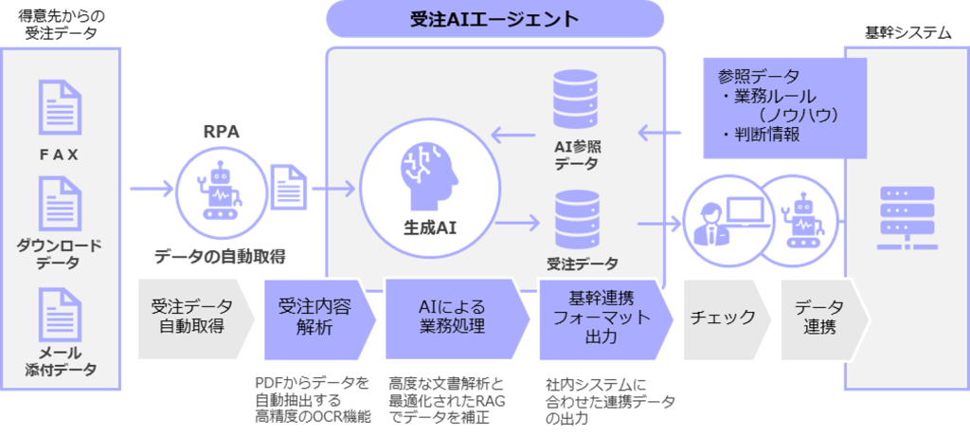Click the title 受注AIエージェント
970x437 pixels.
[494, 19]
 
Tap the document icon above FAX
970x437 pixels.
[59, 106]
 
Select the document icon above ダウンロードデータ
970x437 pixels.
[59, 202]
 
